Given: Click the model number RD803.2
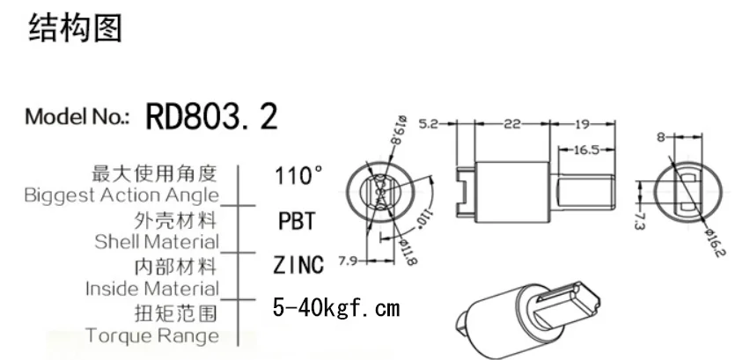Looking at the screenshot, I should coord(211,116).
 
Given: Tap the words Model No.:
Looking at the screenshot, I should coord(78,117).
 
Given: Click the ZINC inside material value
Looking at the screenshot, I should coord(298,264).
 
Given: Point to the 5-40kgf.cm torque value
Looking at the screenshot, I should coord(336,309).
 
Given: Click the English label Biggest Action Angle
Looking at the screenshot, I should coord(121,195).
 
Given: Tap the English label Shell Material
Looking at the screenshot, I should coord(157,240).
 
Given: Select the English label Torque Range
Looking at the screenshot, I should coord(152,335).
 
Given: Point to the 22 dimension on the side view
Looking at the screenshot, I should coord(511,125).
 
